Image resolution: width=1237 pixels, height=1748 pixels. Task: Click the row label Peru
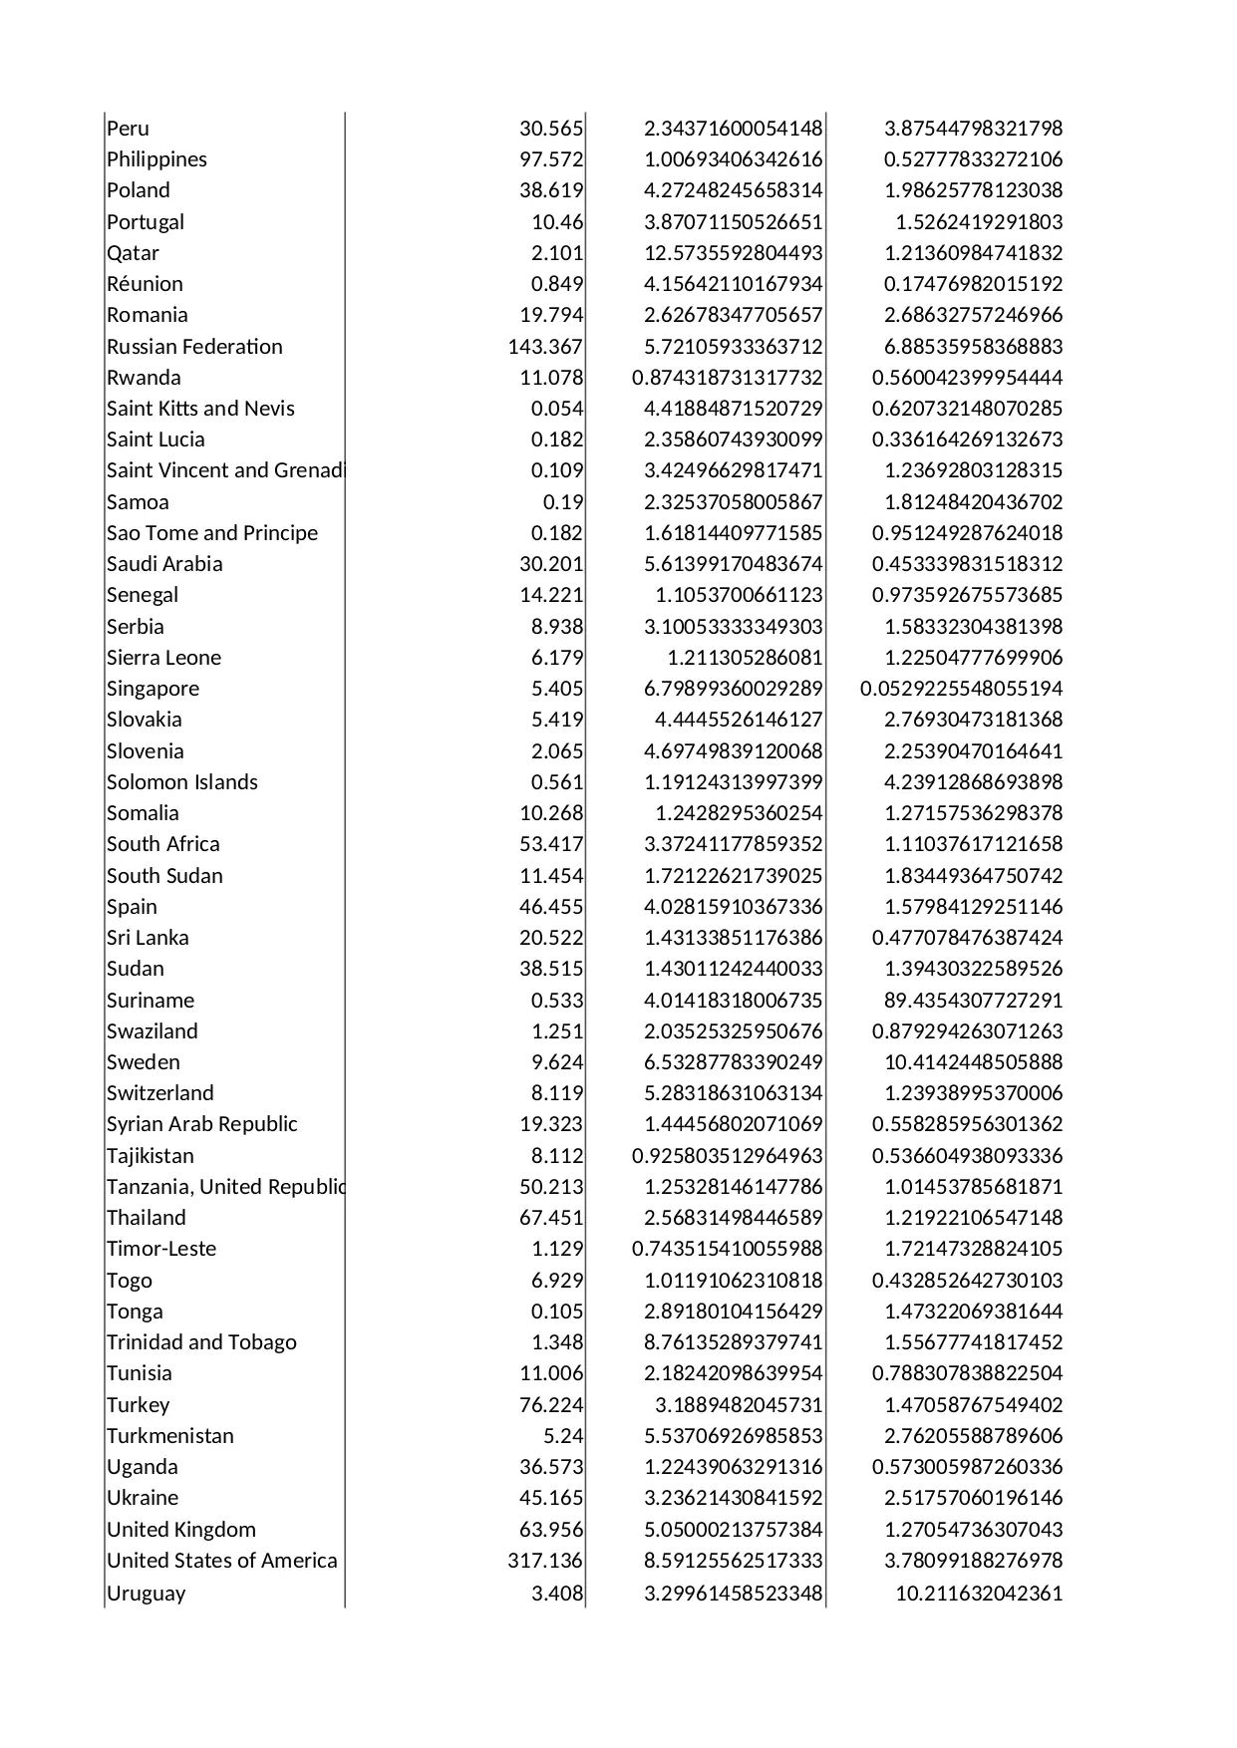click(x=128, y=129)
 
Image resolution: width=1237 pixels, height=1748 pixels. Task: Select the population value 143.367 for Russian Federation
click(x=545, y=347)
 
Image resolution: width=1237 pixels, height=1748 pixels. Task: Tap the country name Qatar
click(x=133, y=253)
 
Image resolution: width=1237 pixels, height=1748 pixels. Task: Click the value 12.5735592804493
click(x=733, y=253)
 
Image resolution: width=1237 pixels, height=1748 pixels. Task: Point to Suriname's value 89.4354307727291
click(x=973, y=1001)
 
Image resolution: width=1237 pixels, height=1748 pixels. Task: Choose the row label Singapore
click(x=153, y=689)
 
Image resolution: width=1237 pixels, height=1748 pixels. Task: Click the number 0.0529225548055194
click(x=961, y=689)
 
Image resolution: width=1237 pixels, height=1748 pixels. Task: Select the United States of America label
click(x=221, y=1561)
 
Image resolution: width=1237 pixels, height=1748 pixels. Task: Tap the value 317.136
click(x=545, y=1561)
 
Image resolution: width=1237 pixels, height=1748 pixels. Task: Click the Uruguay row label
click(x=146, y=1593)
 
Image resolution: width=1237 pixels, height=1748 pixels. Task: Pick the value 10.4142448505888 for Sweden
click(x=973, y=1062)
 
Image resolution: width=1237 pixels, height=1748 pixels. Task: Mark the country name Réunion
click(x=145, y=284)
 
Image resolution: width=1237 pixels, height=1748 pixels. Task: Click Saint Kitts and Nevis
click(x=200, y=409)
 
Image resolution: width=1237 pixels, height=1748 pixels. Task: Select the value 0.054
click(x=557, y=409)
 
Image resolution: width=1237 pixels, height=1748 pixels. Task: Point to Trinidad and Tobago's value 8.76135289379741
click(x=733, y=1342)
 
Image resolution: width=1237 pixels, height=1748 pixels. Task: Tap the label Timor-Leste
click(x=161, y=1249)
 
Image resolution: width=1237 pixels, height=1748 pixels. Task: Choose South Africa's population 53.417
click(x=551, y=844)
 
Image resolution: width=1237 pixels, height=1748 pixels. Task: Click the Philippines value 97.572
click(x=551, y=159)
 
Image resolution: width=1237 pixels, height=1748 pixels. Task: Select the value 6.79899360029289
click(x=733, y=689)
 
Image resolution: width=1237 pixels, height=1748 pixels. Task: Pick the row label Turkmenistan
click(x=170, y=1436)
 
